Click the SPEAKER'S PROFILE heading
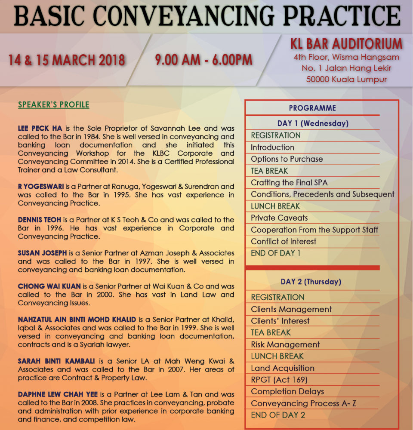point(54,105)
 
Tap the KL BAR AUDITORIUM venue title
point(346,44)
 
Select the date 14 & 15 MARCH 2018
point(67,60)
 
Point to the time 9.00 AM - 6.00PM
point(204,60)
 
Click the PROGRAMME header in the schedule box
point(312,108)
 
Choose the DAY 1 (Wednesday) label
point(313,123)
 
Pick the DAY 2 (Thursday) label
point(311,282)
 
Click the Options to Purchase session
point(287,159)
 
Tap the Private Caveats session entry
point(279,218)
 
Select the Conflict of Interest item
point(284,241)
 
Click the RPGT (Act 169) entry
point(279,380)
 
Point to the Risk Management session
point(285,344)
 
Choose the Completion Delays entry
point(287,391)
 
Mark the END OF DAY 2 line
point(278,415)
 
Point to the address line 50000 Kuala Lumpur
point(346,79)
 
